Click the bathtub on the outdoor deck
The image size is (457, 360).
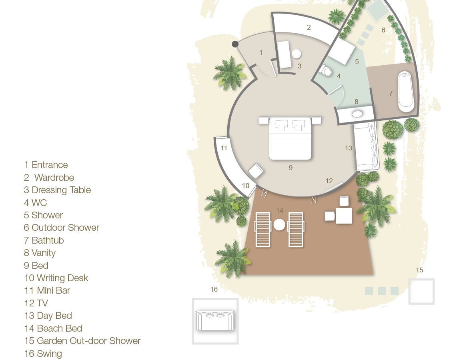click(x=406, y=92)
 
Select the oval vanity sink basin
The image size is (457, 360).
click(x=357, y=114)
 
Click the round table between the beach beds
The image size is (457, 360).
click(x=279, y=225)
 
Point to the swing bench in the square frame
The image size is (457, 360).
click(x=215, y=320)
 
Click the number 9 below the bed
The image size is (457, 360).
click(x=291, y=168)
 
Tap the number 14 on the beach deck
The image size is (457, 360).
click(x=279, y=210)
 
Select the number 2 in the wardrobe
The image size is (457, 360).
click(x=309, y=27)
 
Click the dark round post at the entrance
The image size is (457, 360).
click(x=235, y=44)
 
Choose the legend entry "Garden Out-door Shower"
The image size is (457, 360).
click(x=88, y=341)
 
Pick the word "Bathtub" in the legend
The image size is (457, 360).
click(x=48, y=240)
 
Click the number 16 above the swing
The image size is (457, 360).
click(x=214, y=289)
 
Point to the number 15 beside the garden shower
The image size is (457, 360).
click(x=419, y=270)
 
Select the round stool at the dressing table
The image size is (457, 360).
click(x=296, y=54)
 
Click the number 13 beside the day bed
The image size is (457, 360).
click(x=349, y=148)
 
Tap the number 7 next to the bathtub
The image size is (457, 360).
click(x=391, y=93)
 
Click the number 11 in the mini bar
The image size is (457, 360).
click(x=224, y=148)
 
